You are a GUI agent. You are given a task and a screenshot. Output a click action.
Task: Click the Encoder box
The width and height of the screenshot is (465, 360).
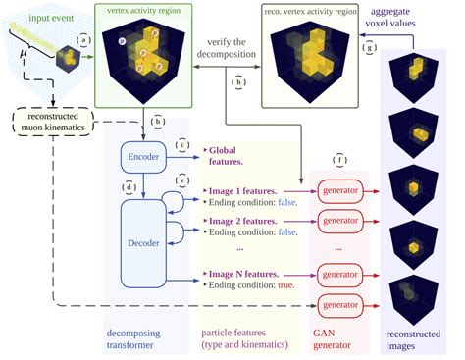144,156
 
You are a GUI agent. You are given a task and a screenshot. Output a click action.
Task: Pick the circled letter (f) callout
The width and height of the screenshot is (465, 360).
340,159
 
